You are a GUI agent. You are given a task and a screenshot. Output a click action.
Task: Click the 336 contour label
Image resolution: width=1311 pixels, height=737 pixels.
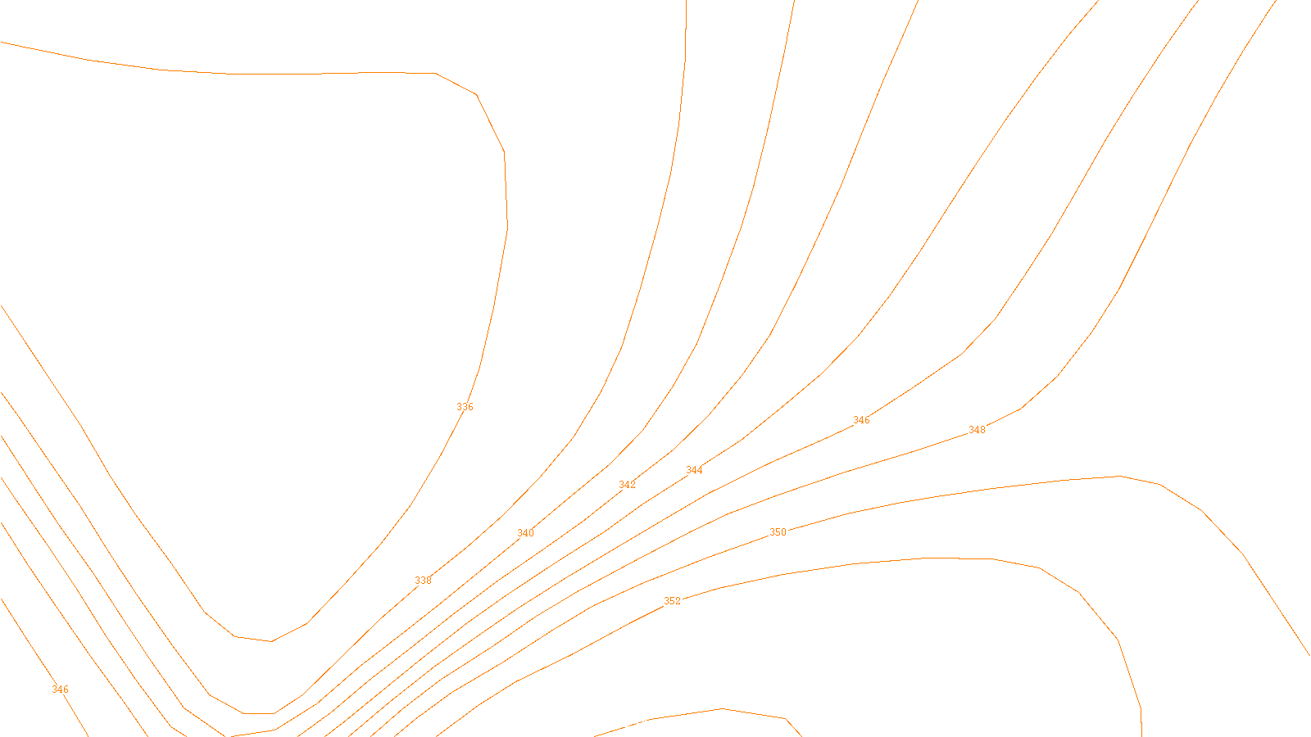(x=465, y=407)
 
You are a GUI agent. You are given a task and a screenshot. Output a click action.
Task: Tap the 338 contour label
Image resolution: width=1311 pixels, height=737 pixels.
(x=423, y=581)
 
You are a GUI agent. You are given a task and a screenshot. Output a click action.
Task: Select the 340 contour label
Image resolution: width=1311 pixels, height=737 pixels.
(x=525, y=533)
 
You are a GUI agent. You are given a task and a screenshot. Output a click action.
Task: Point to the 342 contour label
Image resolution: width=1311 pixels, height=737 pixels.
(x=627, y=485)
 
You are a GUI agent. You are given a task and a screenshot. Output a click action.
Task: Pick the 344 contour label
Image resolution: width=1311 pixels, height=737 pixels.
(x=694, y=470)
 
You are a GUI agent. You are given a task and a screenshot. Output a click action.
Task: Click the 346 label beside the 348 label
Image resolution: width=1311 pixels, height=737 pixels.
(x=861, y=420)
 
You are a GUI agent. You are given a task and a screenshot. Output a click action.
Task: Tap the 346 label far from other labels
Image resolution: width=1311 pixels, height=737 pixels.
(x=60, y=690)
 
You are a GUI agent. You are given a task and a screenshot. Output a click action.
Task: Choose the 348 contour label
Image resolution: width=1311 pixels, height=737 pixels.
(x=977, y=430)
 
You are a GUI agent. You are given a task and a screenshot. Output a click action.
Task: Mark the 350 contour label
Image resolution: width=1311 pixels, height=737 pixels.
(x=778, y=532)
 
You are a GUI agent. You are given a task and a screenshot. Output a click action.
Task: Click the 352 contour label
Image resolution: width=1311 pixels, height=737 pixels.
(x=672, y=601)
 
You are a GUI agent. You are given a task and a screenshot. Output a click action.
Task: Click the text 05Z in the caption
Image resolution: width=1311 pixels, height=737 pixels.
(x=621, y=724)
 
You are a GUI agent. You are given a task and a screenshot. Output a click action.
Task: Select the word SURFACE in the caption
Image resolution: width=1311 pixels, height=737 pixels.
(x=655, y=724)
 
